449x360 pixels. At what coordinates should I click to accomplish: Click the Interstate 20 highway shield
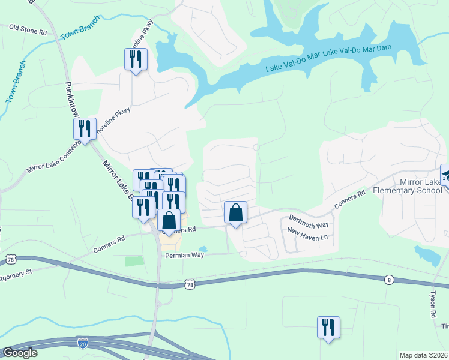[x=82, y=343]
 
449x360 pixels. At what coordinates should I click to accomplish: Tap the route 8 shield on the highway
[x=389, y=279]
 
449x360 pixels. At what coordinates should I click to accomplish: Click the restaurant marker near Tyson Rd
[x=328, y=328]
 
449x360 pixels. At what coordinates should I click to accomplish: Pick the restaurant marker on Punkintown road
[x=85, y=128]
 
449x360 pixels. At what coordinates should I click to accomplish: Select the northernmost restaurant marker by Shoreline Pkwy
[x=135, y=59]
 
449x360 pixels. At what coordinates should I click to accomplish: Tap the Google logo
[x=20, y=353]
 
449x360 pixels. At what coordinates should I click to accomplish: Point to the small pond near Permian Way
[x=204, y=249]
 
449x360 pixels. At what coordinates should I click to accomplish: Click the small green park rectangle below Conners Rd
[x=134, y=262]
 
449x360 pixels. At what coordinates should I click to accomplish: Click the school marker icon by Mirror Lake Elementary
[x=446, y=175]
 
